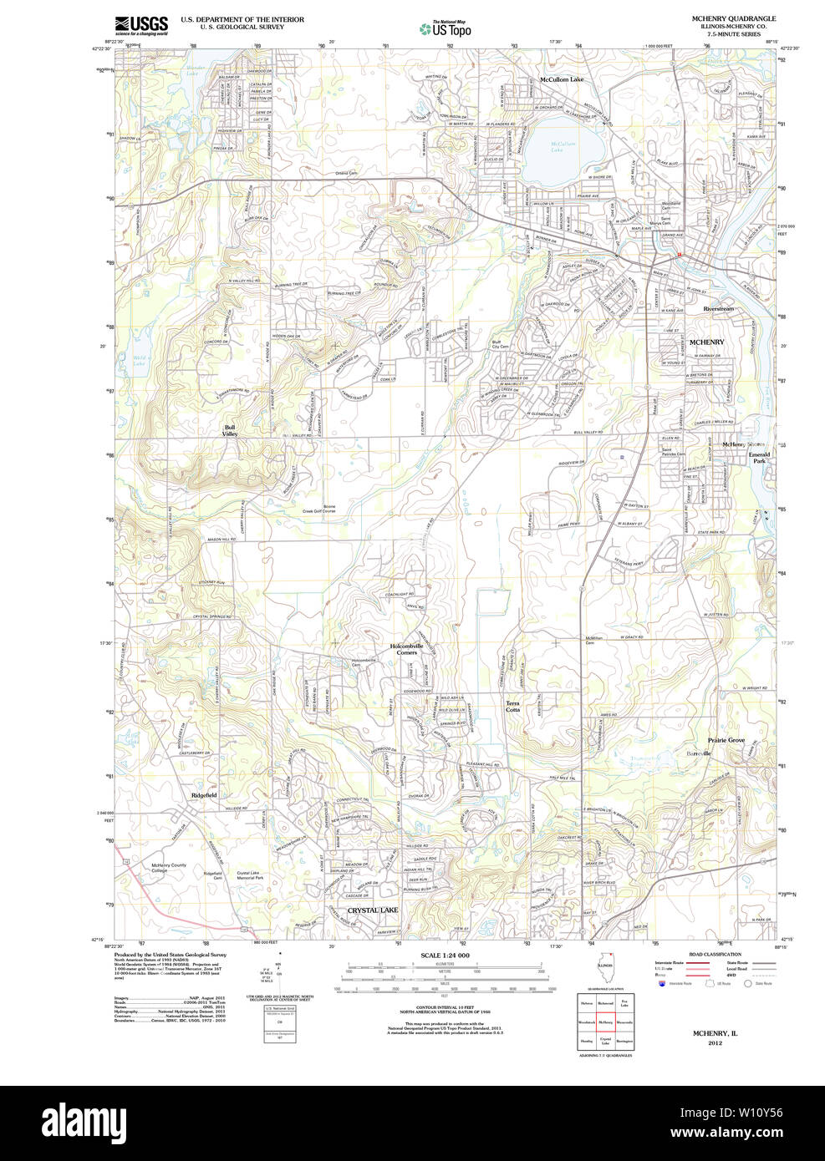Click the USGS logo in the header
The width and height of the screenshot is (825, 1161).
tap(141, 25)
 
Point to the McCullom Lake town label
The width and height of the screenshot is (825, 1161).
tap(561, 79)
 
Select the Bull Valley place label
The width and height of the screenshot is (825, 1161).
tap(229, 431)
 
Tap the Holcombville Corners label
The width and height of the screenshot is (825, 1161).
tap(407, 649)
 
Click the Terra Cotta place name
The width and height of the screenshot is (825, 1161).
tap(512, 707)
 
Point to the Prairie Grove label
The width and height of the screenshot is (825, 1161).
tap(726, 740)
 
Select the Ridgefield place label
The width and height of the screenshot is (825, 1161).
tap(203, 795)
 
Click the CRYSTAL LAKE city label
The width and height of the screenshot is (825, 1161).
tap(373, 910)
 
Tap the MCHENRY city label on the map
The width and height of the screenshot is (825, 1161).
tap(706, 342)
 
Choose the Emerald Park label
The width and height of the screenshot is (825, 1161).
tap(759, 458)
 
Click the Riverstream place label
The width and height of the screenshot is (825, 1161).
tap(718, 309)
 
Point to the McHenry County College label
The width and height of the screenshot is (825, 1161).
tap(169, 868)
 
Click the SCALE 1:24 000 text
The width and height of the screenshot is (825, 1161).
tap(445, 956)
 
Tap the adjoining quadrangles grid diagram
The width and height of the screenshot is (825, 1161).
tap(605, 1021)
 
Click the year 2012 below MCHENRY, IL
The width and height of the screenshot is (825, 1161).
tap(715, 1043)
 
